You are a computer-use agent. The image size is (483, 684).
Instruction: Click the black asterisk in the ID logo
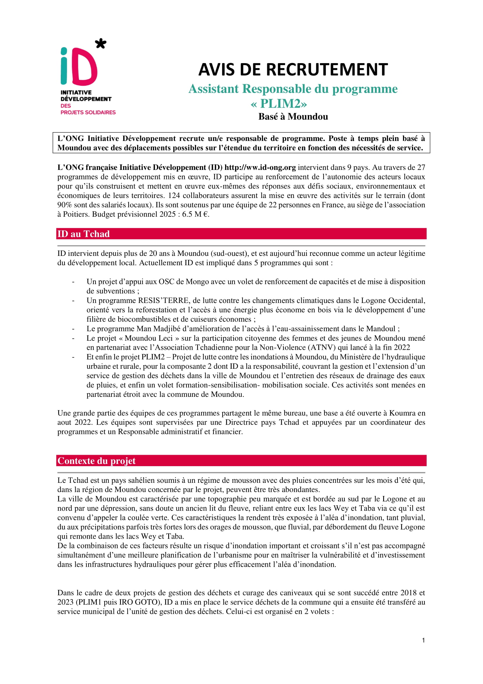(100, 44)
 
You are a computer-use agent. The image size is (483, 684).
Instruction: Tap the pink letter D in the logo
(85, 67)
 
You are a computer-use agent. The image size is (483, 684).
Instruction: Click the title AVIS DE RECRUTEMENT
(293, 69)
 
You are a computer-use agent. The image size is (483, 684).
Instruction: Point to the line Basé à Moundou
(293, 116)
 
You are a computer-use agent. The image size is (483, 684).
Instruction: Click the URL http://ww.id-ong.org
(260, 168)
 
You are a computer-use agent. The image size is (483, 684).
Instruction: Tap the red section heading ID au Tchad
(84, 234)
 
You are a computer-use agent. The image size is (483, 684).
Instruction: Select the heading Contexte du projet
(96, 461)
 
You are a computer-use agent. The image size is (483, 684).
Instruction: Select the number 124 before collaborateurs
(174, 195)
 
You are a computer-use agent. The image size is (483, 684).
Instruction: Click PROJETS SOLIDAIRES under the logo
(88, 112)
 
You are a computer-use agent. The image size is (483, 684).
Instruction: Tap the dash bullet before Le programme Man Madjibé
(73, 329)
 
